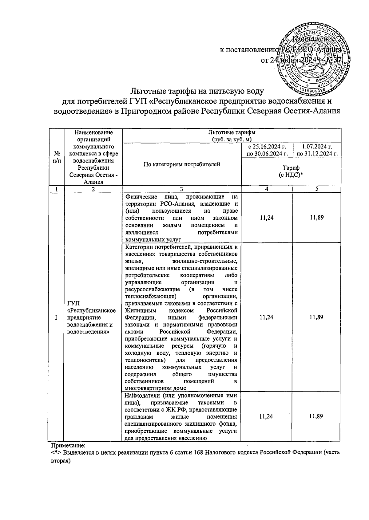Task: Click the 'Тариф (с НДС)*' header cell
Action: coord(291,171)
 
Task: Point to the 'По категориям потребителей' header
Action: coord(182,164)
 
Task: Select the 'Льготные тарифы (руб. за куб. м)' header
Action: coord(231,136)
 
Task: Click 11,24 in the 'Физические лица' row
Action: coord(266,218)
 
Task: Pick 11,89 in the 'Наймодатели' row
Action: coord(316,416)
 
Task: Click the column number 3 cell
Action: coord(181,189)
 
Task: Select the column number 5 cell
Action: coord(316,189)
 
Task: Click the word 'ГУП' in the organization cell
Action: coord(73,304)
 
